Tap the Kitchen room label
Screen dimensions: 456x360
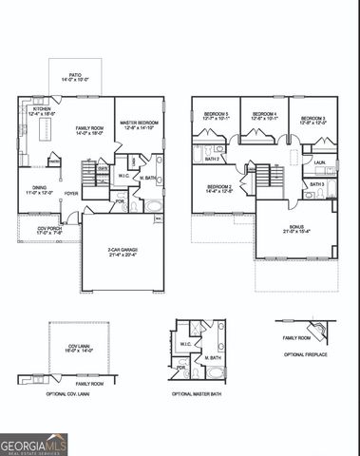41,111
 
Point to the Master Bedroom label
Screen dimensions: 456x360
140,124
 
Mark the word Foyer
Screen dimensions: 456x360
71,193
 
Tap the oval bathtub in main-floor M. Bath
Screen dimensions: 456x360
155,203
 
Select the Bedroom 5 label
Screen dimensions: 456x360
216,118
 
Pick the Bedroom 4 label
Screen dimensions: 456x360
263,118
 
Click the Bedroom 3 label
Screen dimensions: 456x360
313,121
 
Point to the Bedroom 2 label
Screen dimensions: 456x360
220,188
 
